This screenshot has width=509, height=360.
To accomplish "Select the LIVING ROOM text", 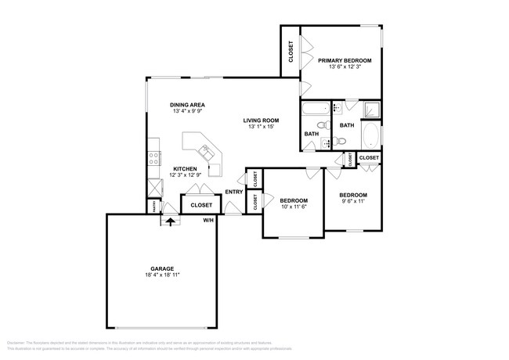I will [x=262, y=120].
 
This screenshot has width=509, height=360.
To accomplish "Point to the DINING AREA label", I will [x=187, y=104].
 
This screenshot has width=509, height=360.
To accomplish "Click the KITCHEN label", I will [x=185, y=169].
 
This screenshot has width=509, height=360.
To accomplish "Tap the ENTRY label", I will [x=233, y=192].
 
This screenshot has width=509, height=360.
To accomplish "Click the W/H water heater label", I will [x=208, y=221].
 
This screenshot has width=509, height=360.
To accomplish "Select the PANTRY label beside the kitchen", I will [x=153, y=206].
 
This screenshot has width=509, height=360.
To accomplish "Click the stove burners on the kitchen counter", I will [x=153, y=157].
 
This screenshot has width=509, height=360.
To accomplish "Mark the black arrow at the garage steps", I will [x=169, y=221].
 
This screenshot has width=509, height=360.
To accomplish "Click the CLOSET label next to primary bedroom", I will [x=291, y=52].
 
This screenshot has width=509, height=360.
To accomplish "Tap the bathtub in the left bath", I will [x=317, y=108].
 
